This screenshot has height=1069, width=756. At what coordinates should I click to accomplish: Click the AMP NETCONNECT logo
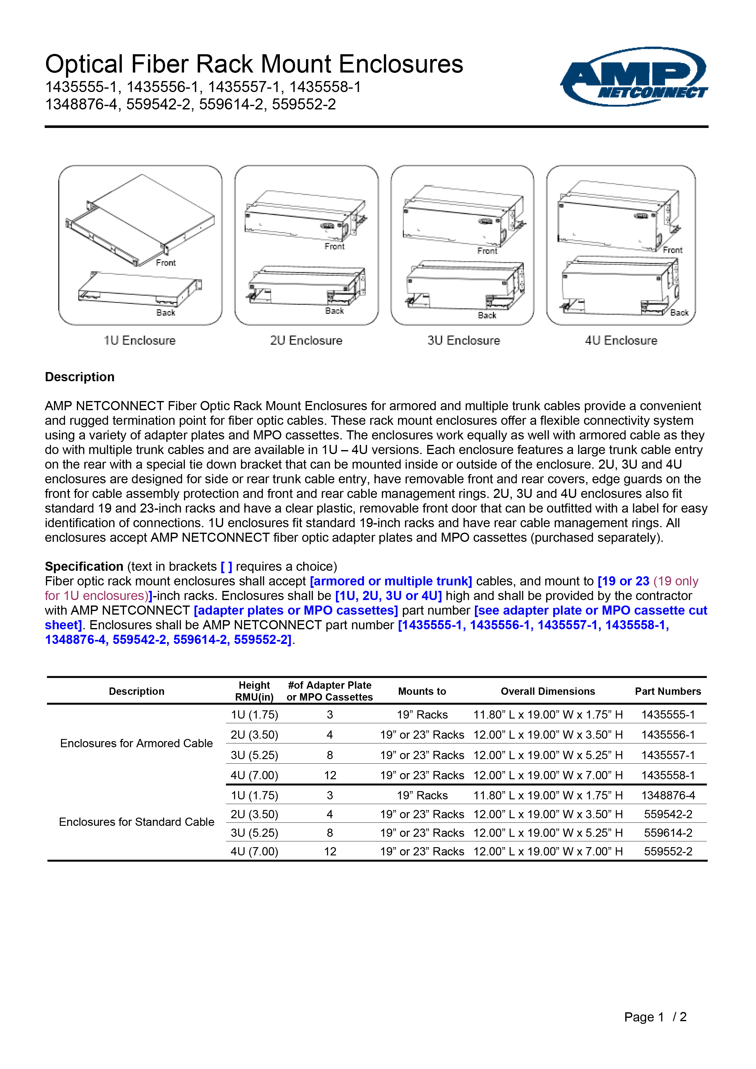634,77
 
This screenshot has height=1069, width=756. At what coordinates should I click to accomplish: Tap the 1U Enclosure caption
140,340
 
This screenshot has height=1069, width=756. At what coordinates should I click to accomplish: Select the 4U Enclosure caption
621,340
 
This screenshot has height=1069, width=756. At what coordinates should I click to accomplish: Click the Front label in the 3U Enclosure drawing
487,251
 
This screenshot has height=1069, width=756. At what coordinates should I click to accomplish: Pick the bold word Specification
84,566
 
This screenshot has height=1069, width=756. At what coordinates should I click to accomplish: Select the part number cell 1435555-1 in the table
668,715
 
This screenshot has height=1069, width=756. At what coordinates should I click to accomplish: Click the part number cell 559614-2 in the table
668,833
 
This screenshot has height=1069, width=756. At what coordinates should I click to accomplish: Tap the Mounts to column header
422,691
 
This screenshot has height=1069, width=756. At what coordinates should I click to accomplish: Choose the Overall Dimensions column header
548,691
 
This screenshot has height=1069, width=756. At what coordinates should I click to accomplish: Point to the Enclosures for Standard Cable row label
137,822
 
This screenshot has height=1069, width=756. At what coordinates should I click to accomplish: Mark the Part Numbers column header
668,691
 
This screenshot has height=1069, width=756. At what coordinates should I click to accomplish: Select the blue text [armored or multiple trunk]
391,581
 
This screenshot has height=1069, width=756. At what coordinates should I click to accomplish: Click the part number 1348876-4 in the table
668,795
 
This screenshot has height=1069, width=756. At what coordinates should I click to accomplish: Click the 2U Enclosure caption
306,340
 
